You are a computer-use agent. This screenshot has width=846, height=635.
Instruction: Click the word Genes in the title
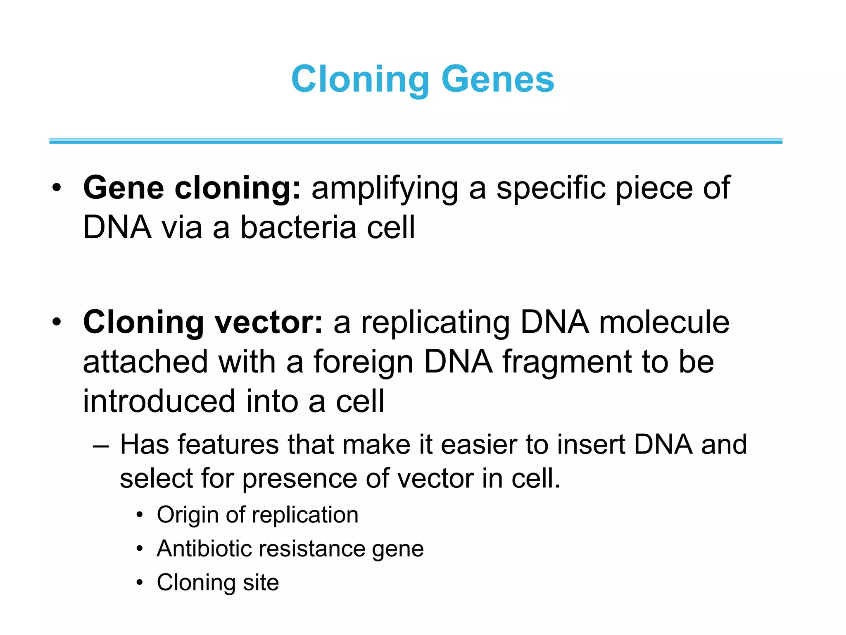click(x=497, y=79)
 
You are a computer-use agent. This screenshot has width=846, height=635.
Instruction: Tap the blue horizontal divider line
click(x=416, y=141)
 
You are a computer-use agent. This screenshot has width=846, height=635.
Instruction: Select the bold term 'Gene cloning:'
click(x=192, y=188)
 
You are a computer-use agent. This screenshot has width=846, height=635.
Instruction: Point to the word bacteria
click(x=298, y=228)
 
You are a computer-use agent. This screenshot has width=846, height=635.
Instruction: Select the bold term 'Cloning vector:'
click(x=203, y=322)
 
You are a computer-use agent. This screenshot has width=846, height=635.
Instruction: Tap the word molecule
click(x=664, y=322)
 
